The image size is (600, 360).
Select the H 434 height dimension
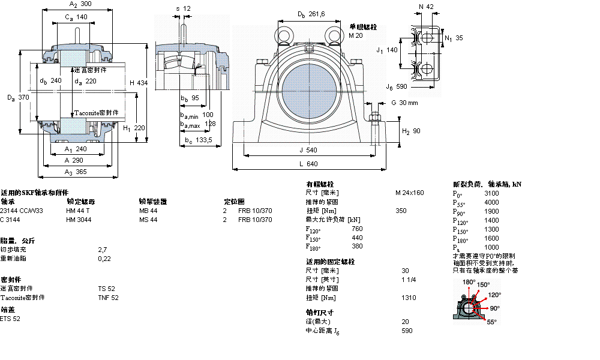click(139, 82)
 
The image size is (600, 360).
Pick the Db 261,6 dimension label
click(311, 14)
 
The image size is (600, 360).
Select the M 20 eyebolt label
click(356, 35)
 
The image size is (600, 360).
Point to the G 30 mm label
click(404, 103)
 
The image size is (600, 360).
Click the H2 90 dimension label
click(412, 131)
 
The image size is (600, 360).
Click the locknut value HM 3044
click(79, 220)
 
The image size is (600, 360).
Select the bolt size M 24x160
click(409, 193)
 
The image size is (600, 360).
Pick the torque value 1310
click(409, 298)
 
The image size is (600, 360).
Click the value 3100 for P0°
click(491, 193)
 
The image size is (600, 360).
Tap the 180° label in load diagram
click(469, 281)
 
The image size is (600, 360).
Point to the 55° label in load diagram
click(491, 322)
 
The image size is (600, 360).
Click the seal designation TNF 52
click(108, 298)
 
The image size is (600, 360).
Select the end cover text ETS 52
click(10, 319)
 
